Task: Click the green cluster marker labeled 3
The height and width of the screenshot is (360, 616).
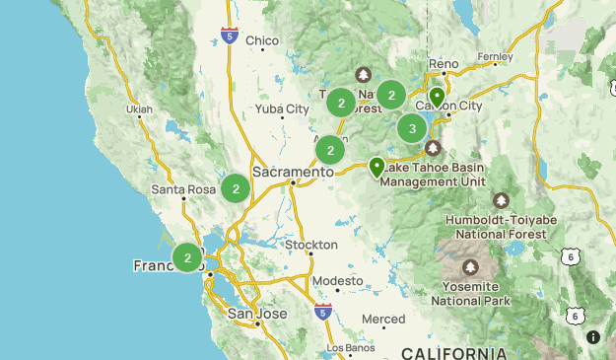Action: [412, 128]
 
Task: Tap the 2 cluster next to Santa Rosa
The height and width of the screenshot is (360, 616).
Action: [236, 187]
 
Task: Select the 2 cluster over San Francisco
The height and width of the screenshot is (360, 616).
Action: [187, 257]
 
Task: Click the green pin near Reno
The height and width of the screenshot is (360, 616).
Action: [437, 97]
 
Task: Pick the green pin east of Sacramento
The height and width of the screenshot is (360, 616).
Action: [376, 167]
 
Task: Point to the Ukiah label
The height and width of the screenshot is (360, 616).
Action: [141, 108]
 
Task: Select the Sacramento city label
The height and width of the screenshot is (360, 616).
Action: [293, 171]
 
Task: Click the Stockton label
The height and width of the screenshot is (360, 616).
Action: [310, 244]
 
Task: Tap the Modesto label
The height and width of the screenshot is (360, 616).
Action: [337, 281]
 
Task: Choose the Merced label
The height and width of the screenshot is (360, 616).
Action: [383, 319]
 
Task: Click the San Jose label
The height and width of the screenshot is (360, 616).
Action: [257, 314]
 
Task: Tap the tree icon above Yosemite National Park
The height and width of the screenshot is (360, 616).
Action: [471, 267]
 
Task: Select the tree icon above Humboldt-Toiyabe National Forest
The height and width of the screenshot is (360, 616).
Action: [502, 200]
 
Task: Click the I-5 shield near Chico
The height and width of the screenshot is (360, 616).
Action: [229, 37]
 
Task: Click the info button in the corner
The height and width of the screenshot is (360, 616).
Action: [593, 337]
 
